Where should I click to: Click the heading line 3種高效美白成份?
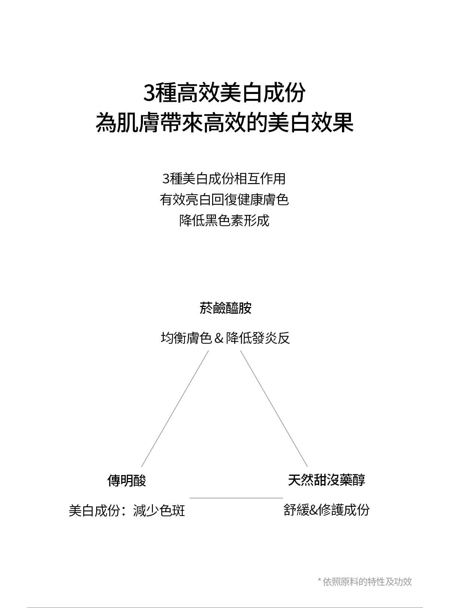224,93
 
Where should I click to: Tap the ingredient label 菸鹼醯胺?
225,308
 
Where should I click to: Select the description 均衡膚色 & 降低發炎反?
225,338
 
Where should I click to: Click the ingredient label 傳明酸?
126,480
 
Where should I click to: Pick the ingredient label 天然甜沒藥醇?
326,480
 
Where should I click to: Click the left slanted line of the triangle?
175,408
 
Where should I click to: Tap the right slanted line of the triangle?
274,408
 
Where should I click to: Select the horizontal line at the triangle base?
236,498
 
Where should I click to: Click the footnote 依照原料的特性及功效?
367,581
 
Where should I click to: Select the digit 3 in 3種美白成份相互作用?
166,179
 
